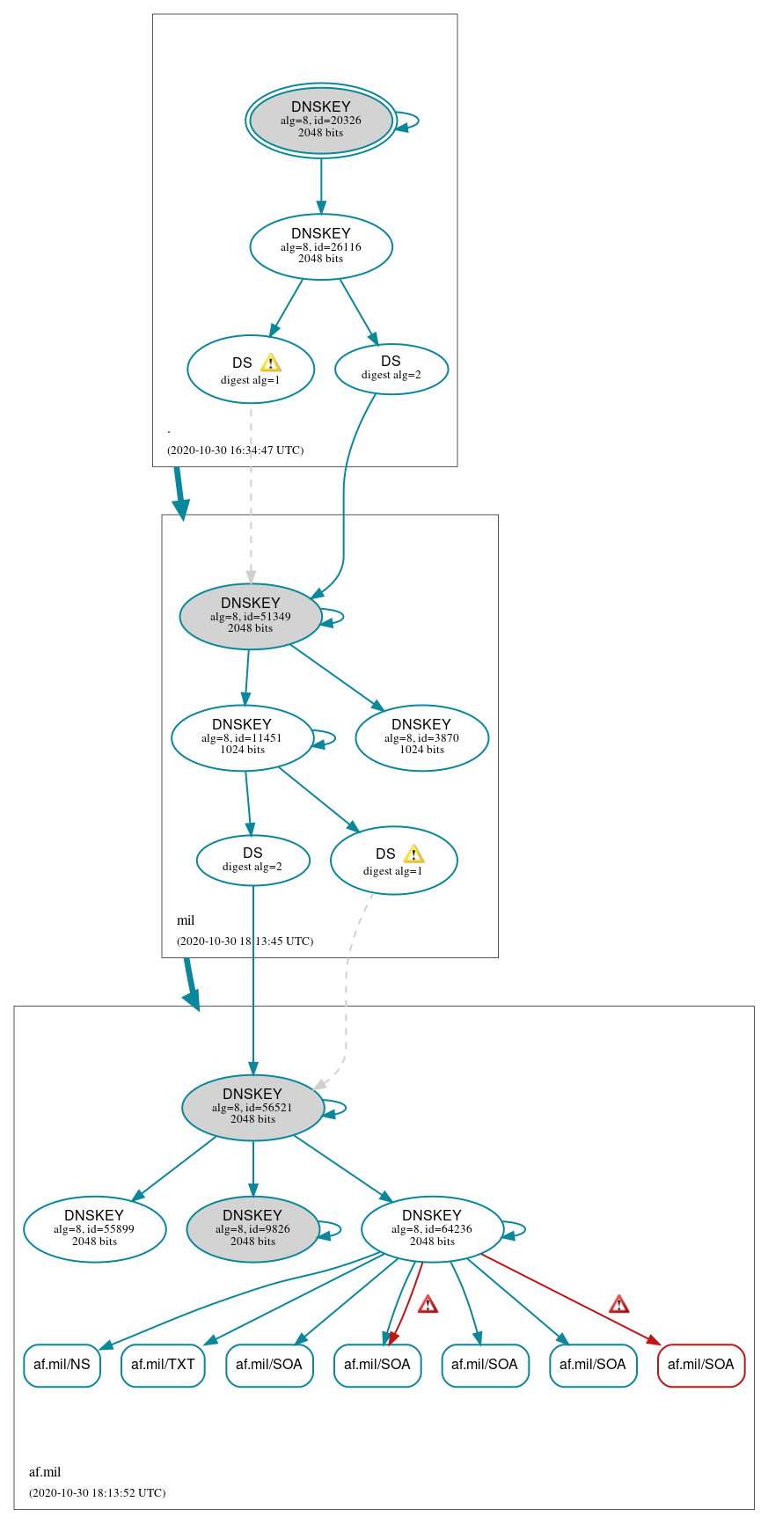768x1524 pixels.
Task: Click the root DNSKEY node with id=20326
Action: (320, 121)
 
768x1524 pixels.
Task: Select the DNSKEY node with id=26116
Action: (320, 246)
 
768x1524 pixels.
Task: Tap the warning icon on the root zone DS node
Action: (271, 363)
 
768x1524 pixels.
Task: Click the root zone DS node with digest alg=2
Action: (391, 369)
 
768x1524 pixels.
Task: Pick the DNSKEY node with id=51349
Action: (250, 616)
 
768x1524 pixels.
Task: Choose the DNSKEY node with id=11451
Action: (242, 737)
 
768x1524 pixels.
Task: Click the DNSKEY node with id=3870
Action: (421, 737)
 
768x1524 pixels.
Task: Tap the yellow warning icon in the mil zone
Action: (413, 854)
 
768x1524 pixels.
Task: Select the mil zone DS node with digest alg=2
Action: (252, 860)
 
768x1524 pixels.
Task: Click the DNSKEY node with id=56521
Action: (252, 1107)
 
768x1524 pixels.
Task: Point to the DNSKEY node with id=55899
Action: (94, 1228)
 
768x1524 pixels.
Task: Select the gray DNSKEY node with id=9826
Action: (252, 1228)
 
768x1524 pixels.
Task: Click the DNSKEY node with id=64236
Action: (432, 1228)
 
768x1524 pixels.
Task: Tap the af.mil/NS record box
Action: (62, 1365)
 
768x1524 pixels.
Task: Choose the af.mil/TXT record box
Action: (163, 1365)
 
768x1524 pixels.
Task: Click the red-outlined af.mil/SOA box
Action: (700, 1365)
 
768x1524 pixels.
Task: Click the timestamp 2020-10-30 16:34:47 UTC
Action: (235, 451)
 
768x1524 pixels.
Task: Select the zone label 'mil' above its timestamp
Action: (186, 920)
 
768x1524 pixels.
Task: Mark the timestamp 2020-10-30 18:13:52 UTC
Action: (97, 1492)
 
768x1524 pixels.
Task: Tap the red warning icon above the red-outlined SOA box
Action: (618, 1304)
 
